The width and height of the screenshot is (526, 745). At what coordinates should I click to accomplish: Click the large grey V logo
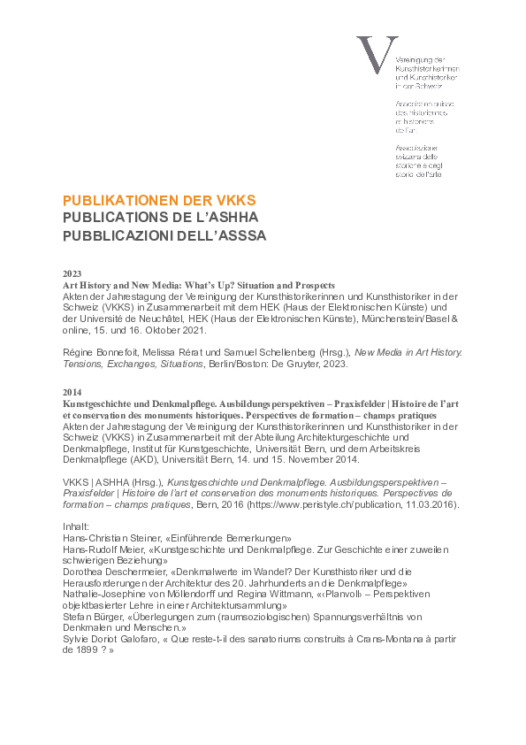tap(371, 56)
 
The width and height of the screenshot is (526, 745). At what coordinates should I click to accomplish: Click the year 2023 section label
tap(72, 274)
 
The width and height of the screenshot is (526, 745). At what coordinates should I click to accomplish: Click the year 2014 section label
tap(72, 391)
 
